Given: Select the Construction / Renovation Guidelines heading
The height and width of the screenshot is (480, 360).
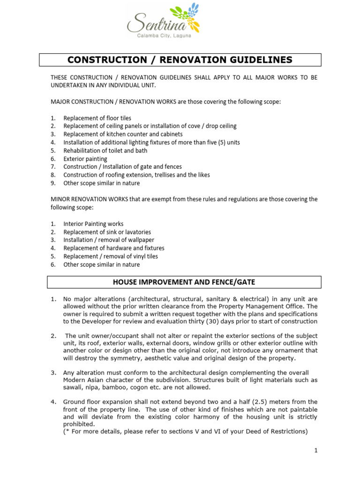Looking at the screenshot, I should [180, 60].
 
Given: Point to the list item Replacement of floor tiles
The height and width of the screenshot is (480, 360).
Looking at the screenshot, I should [97, 118].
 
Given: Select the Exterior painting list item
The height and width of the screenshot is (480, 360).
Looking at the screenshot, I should [85, 159].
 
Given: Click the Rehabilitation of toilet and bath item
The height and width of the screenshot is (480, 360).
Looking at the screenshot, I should [105, 150].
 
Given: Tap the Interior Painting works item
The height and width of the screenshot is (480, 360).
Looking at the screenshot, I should [93, 224].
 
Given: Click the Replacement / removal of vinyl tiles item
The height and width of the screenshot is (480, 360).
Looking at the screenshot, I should [111, 256].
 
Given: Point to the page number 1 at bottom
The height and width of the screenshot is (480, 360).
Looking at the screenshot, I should [316, 450].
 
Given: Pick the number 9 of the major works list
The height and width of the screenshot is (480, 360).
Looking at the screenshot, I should [53, 183].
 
